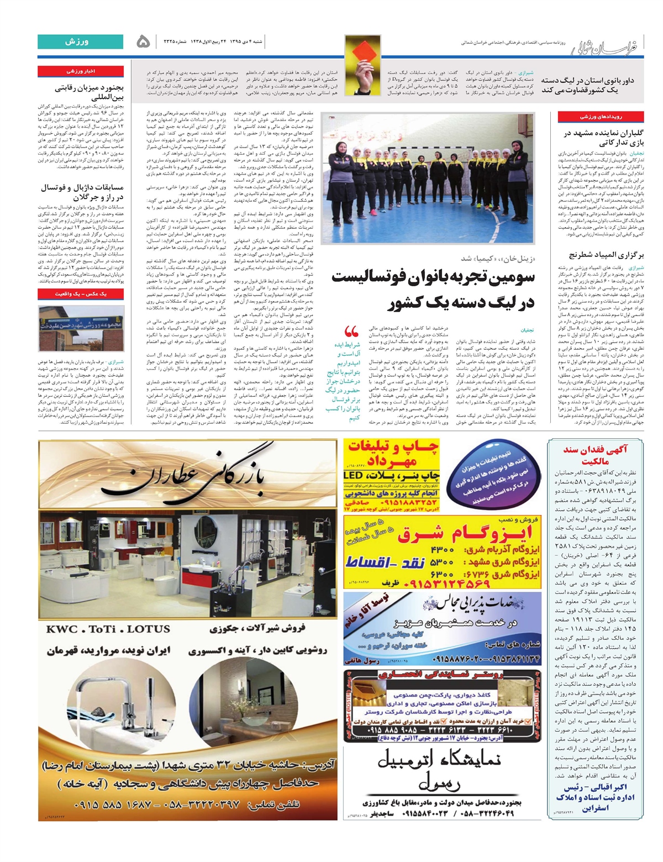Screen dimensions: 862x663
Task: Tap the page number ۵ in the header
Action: coord(143,42)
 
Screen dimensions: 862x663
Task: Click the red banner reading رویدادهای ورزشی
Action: coord(600,117)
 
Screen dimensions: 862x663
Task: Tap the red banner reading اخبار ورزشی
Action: coord(81,71)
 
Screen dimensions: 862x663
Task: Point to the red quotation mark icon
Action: coord(351,332)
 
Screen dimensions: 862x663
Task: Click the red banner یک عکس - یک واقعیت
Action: coord(81,294)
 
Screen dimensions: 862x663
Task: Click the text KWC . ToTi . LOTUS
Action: coord(108,629)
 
